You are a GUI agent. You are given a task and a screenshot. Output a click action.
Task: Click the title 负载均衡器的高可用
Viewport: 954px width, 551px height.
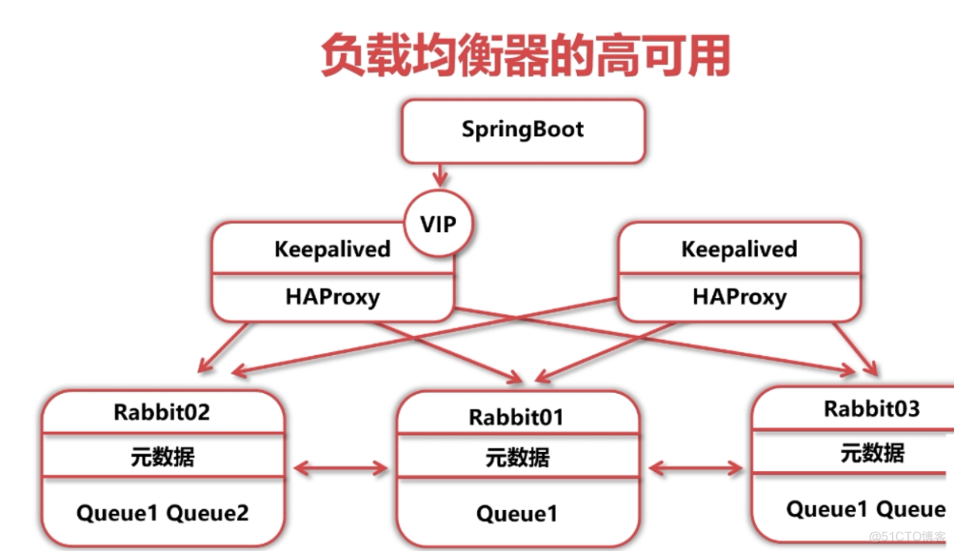[525, 56]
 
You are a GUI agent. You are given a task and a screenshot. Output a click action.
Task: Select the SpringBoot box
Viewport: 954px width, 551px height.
[523, 130]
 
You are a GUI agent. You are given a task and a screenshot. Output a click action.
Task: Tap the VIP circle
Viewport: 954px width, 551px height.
[438, 223]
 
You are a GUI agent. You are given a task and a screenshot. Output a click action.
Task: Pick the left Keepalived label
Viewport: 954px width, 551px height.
[331, 249]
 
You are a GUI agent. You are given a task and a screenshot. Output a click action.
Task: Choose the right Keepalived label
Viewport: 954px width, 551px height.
[738, 249]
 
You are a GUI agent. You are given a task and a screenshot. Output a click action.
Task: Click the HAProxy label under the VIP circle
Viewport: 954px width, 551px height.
[331, 296]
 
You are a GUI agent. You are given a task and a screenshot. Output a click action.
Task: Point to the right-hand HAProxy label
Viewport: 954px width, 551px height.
[738, 296]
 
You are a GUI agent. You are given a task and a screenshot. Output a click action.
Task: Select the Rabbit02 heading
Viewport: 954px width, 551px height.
[161, 412]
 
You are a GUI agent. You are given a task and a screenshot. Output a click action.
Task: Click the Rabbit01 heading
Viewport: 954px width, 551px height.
[516, 417]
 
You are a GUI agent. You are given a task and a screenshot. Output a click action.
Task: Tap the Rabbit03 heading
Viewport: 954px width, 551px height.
[871, 408]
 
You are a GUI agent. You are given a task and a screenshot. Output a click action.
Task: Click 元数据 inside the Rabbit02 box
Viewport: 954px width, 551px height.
[162, 457]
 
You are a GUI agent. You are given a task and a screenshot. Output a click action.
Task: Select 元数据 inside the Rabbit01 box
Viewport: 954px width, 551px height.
[516, 458]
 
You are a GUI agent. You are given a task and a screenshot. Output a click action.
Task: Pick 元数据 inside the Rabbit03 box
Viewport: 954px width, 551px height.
[872, 453]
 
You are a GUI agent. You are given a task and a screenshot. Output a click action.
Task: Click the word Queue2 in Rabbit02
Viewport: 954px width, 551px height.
[208, 512]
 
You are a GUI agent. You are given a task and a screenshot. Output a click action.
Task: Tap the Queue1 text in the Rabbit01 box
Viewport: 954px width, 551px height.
[516, 513]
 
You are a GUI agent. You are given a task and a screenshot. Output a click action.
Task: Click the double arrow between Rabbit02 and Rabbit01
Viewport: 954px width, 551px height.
[341, 468]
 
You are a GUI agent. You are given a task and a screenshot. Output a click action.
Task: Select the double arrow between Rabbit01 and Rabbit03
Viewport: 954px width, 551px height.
[696, 468]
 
